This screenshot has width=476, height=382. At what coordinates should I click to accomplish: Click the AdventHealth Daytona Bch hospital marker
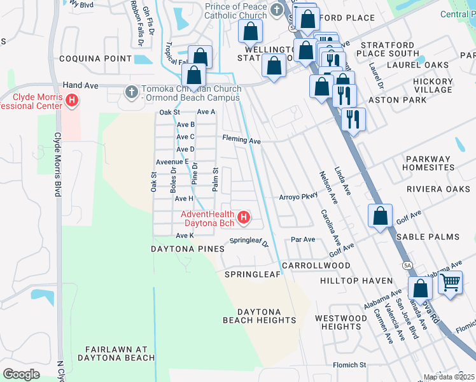pos(243,218)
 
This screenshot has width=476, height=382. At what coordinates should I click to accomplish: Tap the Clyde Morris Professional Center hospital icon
pos(72,100)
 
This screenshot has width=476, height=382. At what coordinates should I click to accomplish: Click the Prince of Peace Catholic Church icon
pos(276,10)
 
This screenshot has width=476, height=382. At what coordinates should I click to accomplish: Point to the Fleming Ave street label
pos(241,139)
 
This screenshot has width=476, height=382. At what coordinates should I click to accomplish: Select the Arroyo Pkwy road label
pos(298,197)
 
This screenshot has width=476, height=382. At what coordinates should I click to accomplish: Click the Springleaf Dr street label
pos(249,241)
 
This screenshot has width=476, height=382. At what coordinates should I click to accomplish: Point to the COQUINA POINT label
pos(95,59)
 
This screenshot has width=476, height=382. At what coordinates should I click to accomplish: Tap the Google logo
pos(21,374)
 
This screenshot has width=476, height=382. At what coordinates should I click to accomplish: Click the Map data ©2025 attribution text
pos(449,377)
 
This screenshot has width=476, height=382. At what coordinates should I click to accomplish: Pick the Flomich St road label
pos(350,365)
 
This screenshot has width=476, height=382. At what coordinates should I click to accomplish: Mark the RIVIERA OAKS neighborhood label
pos(438,189)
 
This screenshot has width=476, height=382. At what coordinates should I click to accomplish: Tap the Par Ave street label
pos(303,240)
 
